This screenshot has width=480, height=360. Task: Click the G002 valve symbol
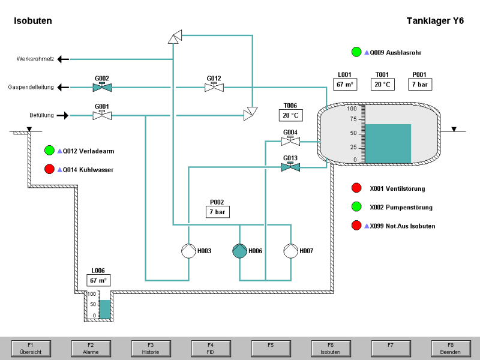tap(102, 88)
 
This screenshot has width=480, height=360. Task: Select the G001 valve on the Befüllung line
tap(102, 115)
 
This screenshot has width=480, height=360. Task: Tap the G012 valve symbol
tap(214, 88)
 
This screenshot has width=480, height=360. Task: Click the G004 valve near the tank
tap(290, 142)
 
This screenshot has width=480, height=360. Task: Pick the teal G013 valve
tap(290, 167)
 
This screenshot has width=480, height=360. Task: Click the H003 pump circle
tap(189, 251)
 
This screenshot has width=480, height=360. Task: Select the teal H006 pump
tap(239, 251)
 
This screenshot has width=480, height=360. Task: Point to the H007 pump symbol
tap(290, 251)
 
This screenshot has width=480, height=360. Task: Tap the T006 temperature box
tap(290, 115)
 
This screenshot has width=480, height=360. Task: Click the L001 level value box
tap(345, 84)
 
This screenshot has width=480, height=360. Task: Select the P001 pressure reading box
tap(419, 84)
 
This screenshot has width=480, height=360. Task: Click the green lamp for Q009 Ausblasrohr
tap(356, 52)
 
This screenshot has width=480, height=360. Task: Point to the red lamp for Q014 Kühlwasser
tap(50, 170)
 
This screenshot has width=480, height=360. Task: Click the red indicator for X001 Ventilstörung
tap(356, 188)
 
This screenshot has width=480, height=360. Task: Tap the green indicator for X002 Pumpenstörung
tap(356, 207)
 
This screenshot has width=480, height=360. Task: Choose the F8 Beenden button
tap(450, 348)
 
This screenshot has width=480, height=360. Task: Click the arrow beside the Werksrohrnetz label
tap(63, 59)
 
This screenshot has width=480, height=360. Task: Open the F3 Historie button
tap(151, 348)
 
